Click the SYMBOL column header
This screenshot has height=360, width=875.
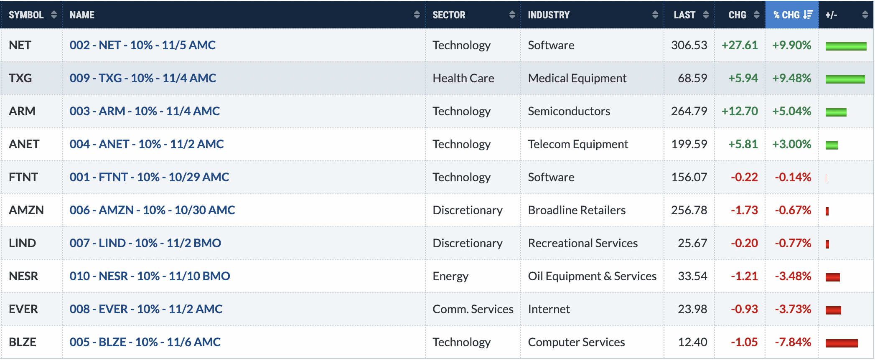(x=26, y=15)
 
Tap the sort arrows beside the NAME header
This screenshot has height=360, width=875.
(x=417, y=15)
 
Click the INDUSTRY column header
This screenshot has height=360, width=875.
(x=549, y=15)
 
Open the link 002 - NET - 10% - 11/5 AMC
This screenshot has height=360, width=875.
(x=142, y=45)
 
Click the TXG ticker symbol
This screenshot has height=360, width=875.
(x=20, y=78)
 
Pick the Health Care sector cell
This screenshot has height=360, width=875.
(x=463, y=78)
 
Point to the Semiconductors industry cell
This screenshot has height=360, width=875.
(x=569, y=111)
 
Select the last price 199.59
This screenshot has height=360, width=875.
(x=689, y=144)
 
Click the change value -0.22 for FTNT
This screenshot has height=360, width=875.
(x=744, y=177)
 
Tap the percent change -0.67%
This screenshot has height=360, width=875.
(x=793, y=210)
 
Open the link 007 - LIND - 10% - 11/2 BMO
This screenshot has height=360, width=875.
(x=145, y=243)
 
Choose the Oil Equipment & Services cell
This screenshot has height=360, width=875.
(x=592, y=276)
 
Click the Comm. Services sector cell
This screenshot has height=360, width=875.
(x=473, y=309)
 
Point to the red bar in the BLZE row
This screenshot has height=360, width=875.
(x=842, y=343)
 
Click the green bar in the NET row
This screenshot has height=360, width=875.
(x=846, y=46)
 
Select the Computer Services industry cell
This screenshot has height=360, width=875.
(x=577, y=342)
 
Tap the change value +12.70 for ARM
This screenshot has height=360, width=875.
(x=740, y=111)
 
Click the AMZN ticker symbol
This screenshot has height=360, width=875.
(x=26, y=210)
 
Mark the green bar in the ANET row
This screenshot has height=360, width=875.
(x=832, y=145)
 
